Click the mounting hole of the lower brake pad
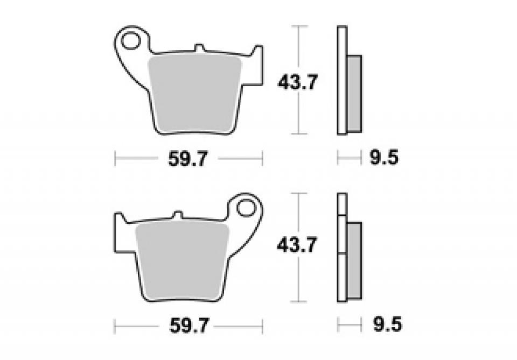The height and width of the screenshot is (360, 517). [246, 208]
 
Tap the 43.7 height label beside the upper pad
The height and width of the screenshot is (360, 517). [298, 82]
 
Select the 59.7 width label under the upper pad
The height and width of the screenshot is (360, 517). [188, 159]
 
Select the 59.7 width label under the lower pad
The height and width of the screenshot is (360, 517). [189, 326]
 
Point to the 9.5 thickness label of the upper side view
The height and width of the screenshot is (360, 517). [384, 158]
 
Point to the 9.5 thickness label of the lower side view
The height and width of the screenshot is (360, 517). [387, 324]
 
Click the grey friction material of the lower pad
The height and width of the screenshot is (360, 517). [182, 260]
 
